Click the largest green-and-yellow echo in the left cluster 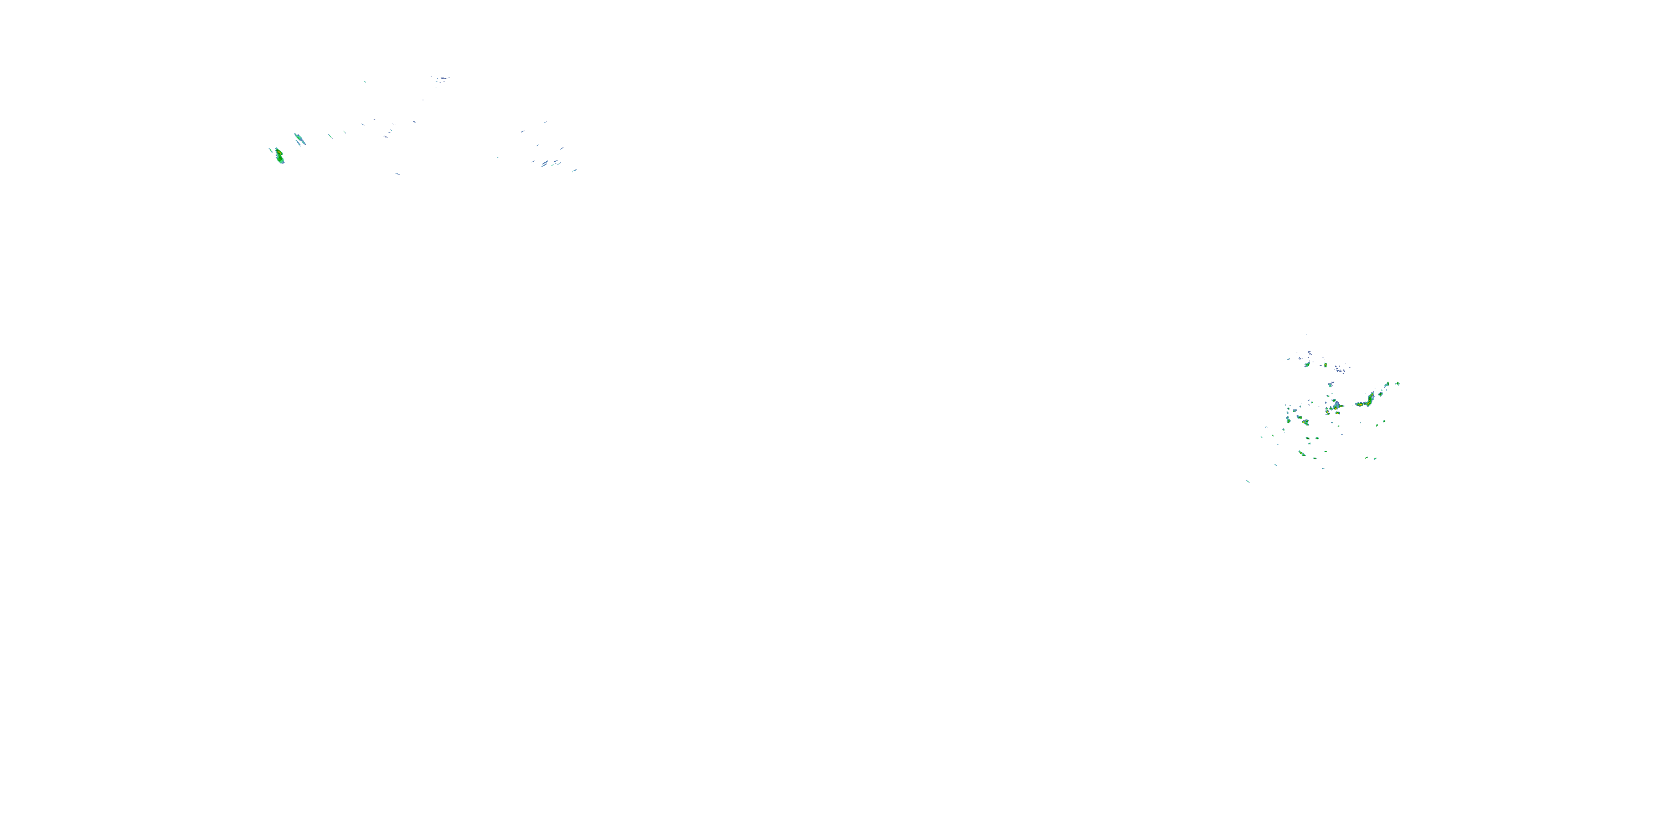point(279,156)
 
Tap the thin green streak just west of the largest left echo point(271,150)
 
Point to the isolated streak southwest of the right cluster point(1247,481)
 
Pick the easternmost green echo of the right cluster point(1398,384)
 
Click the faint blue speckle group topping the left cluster point(441,79)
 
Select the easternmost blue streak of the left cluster point(574,170)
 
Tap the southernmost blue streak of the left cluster point(397,173)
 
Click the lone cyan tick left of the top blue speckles point(365,82)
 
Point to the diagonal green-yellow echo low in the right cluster point(1302,454)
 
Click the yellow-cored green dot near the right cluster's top point(1325,365)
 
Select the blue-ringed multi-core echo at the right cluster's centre point(1336,406)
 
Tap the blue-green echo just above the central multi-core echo point(1330,385)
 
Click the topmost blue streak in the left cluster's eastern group point(545,121)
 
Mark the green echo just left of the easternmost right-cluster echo point(1387,385)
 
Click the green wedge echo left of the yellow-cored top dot point(1307,365)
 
